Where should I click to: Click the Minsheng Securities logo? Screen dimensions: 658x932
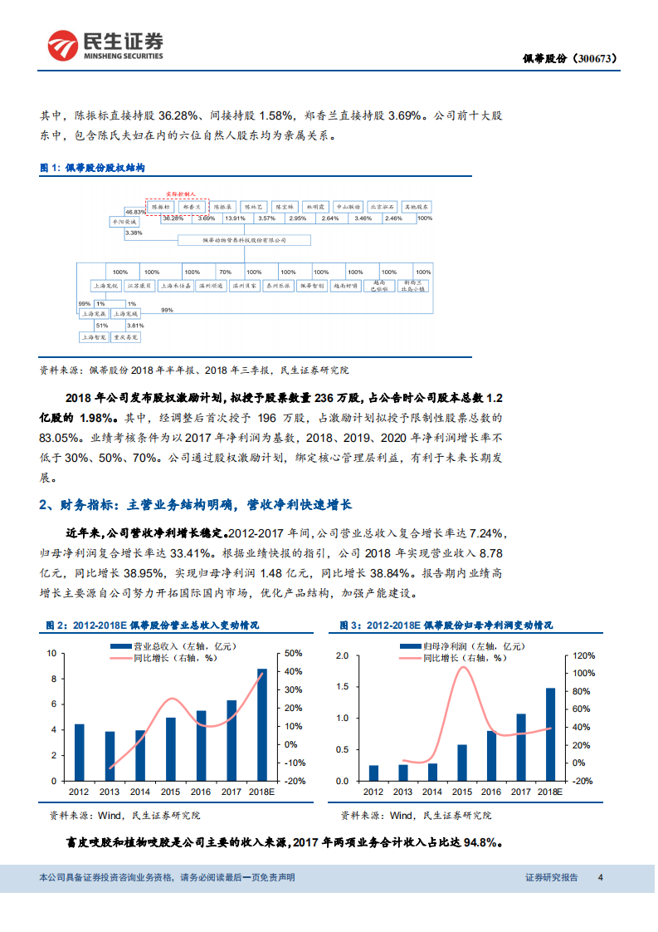tap(105, 47)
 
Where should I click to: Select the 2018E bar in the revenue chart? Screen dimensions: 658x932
tap(262, 724)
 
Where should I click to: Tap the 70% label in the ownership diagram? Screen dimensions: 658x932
tap(225, 272)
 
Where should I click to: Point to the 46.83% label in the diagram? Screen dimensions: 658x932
tap(134, 211)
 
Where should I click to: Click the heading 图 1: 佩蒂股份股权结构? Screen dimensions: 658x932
tap(93, 167)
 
